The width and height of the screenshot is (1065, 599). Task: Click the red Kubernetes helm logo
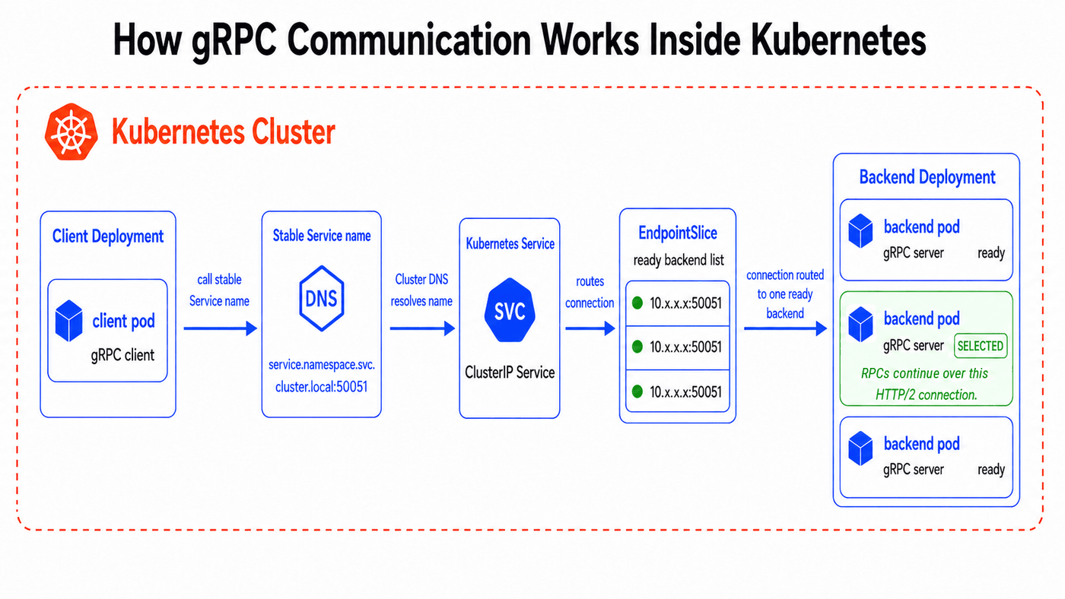[72, 132]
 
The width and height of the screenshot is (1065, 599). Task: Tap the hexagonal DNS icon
[321, 298]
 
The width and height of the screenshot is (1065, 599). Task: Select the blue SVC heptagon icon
[510, 310]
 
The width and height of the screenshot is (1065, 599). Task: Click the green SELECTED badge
[981, 346]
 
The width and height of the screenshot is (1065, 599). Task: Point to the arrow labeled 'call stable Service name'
[220, 328]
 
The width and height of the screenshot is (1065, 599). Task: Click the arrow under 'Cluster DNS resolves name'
[422, 328]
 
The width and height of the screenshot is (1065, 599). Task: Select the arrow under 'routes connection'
[590, 328]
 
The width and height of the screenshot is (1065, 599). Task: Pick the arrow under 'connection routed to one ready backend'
[785, 328]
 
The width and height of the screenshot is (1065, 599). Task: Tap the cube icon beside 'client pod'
[69, 321]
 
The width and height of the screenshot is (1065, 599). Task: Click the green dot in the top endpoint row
[637, 303]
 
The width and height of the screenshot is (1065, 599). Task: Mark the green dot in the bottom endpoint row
[637, 392]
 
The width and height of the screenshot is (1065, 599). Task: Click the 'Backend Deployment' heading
[927, 177]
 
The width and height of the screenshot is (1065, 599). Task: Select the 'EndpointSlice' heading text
[678, 233]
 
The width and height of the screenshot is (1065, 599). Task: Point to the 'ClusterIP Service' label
[510, 372]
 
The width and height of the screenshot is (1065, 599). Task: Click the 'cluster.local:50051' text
[321, 387]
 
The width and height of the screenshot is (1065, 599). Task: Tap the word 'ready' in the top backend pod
[990, 252]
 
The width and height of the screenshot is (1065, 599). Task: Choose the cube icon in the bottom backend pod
[860, 448]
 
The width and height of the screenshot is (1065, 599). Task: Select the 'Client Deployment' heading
[108, 236]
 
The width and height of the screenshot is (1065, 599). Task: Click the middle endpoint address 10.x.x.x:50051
[685, 347]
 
